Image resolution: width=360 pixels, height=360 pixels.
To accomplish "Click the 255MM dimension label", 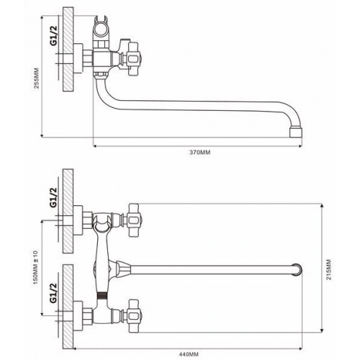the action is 37,78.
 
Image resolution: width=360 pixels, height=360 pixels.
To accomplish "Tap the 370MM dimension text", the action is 200,152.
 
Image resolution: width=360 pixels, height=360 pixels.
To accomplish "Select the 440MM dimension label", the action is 189,354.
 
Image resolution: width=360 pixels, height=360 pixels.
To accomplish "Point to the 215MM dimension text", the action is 328,269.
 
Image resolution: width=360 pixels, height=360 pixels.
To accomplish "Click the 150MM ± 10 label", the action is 35,267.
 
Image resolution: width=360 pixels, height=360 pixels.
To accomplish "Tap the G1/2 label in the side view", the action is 53,35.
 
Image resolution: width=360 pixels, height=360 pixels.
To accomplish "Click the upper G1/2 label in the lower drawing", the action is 53,197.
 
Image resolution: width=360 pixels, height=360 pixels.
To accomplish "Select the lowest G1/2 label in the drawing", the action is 53,292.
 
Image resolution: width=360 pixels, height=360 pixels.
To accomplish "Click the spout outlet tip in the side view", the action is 296,133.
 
